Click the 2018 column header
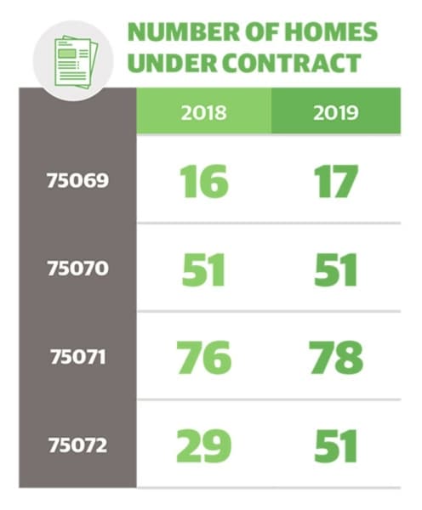(204, 112)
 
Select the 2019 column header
(336, 112)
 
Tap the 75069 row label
(77, 180)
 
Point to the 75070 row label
(77, 269)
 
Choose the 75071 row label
(77, 357)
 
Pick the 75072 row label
(77, 445)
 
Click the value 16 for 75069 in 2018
(204, 181)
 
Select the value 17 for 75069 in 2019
(336, 181)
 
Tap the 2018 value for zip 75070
(203, 270)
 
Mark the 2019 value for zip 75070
(336, 270)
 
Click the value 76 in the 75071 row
(204, 357)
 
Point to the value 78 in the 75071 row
(336, 357)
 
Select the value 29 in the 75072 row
(204, 446)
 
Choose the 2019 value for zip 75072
(336, 446)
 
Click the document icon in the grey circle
(77, 62)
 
